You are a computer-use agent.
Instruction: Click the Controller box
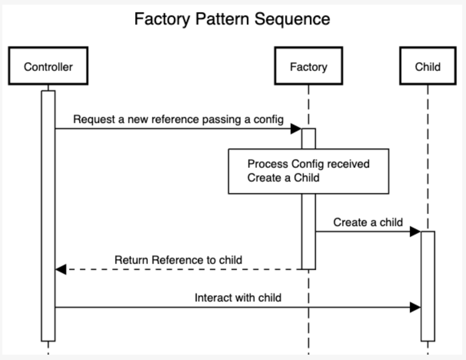(x=48, y=66)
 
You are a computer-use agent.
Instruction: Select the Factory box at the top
(x=308, y=66)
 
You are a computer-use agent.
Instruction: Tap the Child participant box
(x=428, y=66)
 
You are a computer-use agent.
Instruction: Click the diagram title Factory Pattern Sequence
(x=232, y=19)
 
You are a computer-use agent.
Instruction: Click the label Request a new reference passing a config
(x=178, y=120)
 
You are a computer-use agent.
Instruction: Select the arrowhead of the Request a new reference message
(x=296, y=129)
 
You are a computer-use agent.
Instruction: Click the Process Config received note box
(x=308, y=171)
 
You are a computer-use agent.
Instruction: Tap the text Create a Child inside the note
(x=283, y=178)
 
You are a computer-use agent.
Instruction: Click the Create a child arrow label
(x=368, y=222)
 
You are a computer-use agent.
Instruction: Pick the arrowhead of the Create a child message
(x=415, y=232)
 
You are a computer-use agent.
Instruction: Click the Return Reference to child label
(x=178, y=260)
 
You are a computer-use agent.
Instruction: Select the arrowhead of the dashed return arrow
(x=61, y=269)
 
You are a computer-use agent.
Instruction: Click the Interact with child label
(x=238, y=298)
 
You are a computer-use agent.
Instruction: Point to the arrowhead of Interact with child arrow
(x=415, y=307)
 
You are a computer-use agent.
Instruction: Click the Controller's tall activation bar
(x=48, y=215)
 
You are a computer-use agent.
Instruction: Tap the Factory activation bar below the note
(x=308, y=231)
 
